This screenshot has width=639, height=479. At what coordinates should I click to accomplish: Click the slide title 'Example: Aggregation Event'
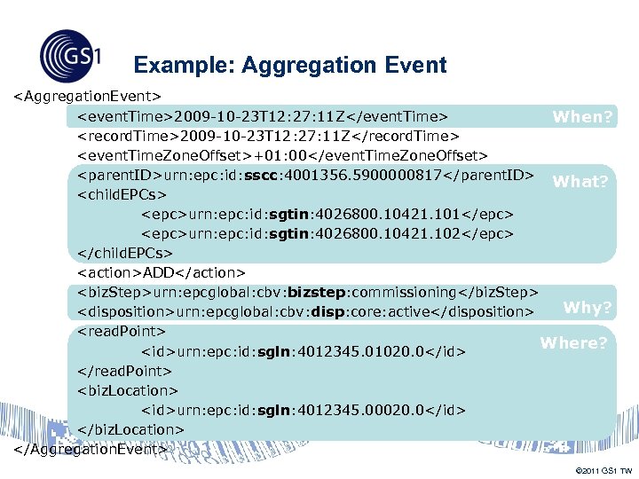[289, 66]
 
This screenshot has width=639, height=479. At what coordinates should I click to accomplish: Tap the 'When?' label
[582, 116]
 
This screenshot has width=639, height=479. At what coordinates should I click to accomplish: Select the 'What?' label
[580, 182]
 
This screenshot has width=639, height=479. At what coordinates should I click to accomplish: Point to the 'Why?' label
[588, 308]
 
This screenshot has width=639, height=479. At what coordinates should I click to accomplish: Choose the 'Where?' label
[573, 342]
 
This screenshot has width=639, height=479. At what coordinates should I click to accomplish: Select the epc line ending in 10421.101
[327, 215]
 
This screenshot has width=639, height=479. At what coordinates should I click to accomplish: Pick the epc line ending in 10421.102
[327, 234]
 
